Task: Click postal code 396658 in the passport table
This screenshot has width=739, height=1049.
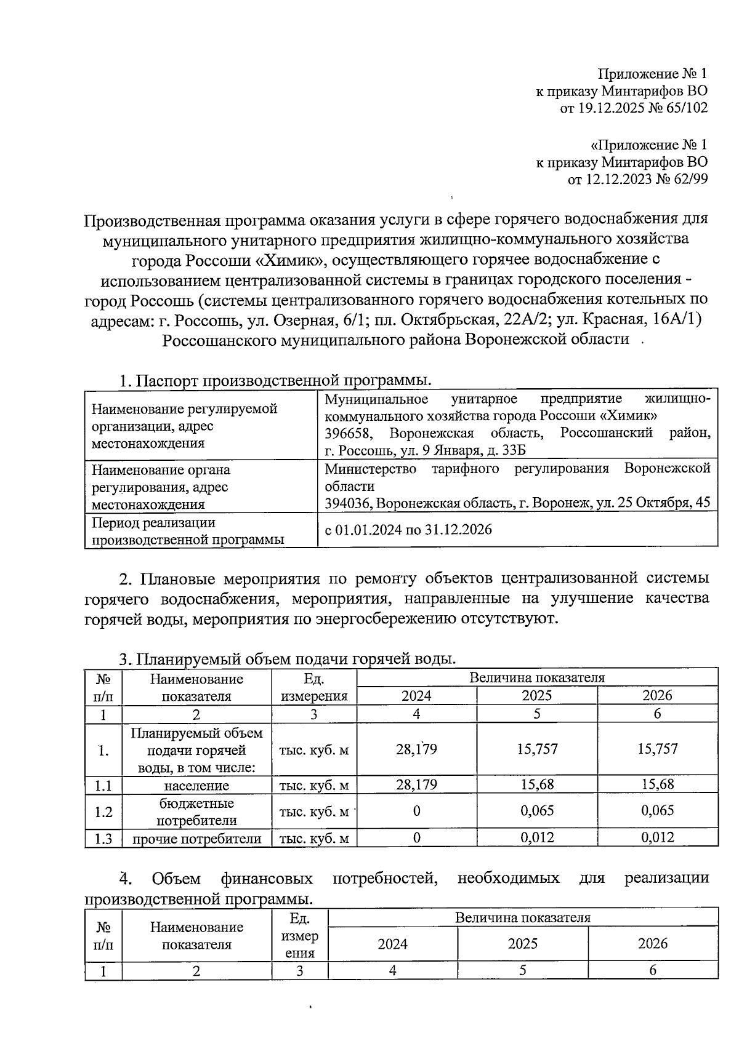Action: coord(348,433)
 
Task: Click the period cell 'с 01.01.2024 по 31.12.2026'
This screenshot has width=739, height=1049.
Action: coord(408,530)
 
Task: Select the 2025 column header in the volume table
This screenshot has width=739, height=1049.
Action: coord(536,696)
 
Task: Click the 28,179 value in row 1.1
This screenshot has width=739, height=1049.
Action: coord(416,784)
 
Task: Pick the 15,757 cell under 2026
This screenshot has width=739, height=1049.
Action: coord(657,749)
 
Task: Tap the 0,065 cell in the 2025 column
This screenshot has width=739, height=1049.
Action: coord(536,811)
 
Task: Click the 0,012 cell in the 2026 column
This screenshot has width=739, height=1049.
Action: coord(657,837)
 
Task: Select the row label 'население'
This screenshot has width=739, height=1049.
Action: coord(196,786)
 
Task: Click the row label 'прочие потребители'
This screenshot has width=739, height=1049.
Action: coord(196,839)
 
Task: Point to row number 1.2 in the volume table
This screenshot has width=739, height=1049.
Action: coord(103,812)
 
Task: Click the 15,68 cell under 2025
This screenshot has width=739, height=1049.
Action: coord(536,784)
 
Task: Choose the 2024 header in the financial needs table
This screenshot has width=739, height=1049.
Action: coord(392,944)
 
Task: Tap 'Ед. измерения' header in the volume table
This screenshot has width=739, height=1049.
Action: coord(313,688)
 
